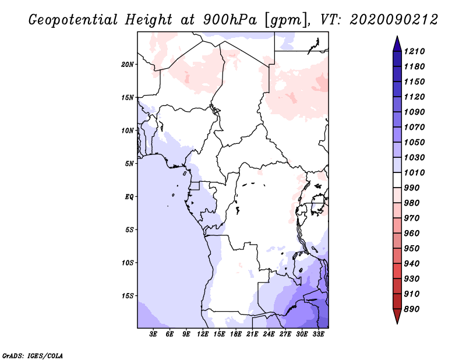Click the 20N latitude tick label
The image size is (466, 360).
click(x=128, y=64)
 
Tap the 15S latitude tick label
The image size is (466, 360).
click(x=128, y=295)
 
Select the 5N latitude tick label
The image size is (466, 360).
click(x=129, y=163)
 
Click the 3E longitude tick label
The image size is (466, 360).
click(x=154, y=334)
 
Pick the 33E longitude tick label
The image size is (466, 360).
click(x=318, y=334)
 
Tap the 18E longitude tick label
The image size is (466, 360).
click(x=236, y=334)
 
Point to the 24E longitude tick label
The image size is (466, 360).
click(x=269, y=334)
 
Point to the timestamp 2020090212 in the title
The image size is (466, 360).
click(x=393, y=19)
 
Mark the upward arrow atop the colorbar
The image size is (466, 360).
click(x=397, y=42)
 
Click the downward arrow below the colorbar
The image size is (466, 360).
click(x=397, y=318)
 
